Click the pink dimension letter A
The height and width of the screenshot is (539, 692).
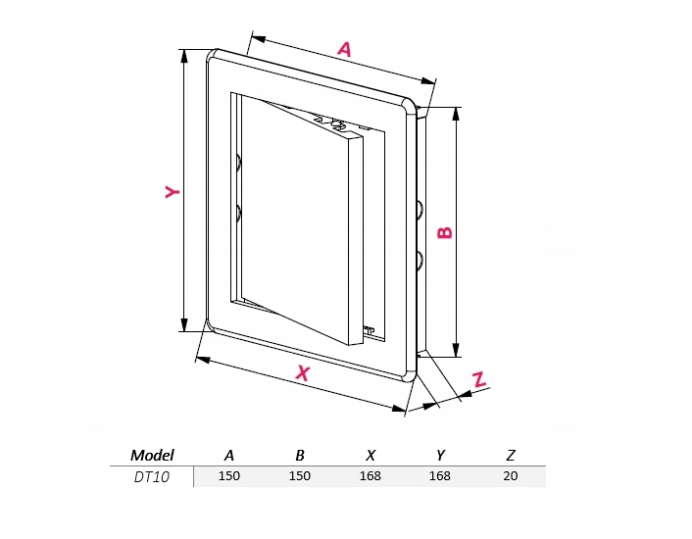pyautogui.click(x=345, y=49)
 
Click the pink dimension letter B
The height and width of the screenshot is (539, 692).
pyautogui.click(x=445, y=232)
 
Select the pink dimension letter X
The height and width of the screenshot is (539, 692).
pyautogui.click(x=303, y=373)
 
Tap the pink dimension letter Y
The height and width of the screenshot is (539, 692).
pyautogui.click(x=173, y=192)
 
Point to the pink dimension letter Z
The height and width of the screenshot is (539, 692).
pyautogui.click(x=479, y=379)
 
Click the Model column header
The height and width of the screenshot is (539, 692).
pyautogui.click(x=152, y=455)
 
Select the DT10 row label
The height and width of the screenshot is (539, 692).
pyautogui.click(x=151, y=477)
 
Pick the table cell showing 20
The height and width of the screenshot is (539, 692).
pyautogui.click(x=510, y=476)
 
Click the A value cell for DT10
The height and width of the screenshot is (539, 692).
pyautogui.click(x=229, y=476)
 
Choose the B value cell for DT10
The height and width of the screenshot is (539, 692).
pyautogui.click(x=300, y=476)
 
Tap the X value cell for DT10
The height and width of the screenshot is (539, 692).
pyautogui.click(x=370, y=476)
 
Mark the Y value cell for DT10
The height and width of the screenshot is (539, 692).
pyautogui.click(x=439, y=476)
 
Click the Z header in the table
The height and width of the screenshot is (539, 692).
pyautogui.click(x=511, y=455)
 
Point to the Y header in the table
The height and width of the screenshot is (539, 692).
pyautogui.click(x=440, y=455)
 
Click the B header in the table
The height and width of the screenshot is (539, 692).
pyautogui.click(x=300, y=455)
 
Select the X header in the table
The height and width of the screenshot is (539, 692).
pyautogui.click(x=371, y=455)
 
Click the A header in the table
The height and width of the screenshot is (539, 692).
pyautogui.click(x=229, y=455)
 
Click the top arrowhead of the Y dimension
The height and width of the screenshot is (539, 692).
pyautogui.click(x=184, y=57)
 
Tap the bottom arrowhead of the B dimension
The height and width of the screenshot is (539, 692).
pyautogui.click(x=457, y=349)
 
